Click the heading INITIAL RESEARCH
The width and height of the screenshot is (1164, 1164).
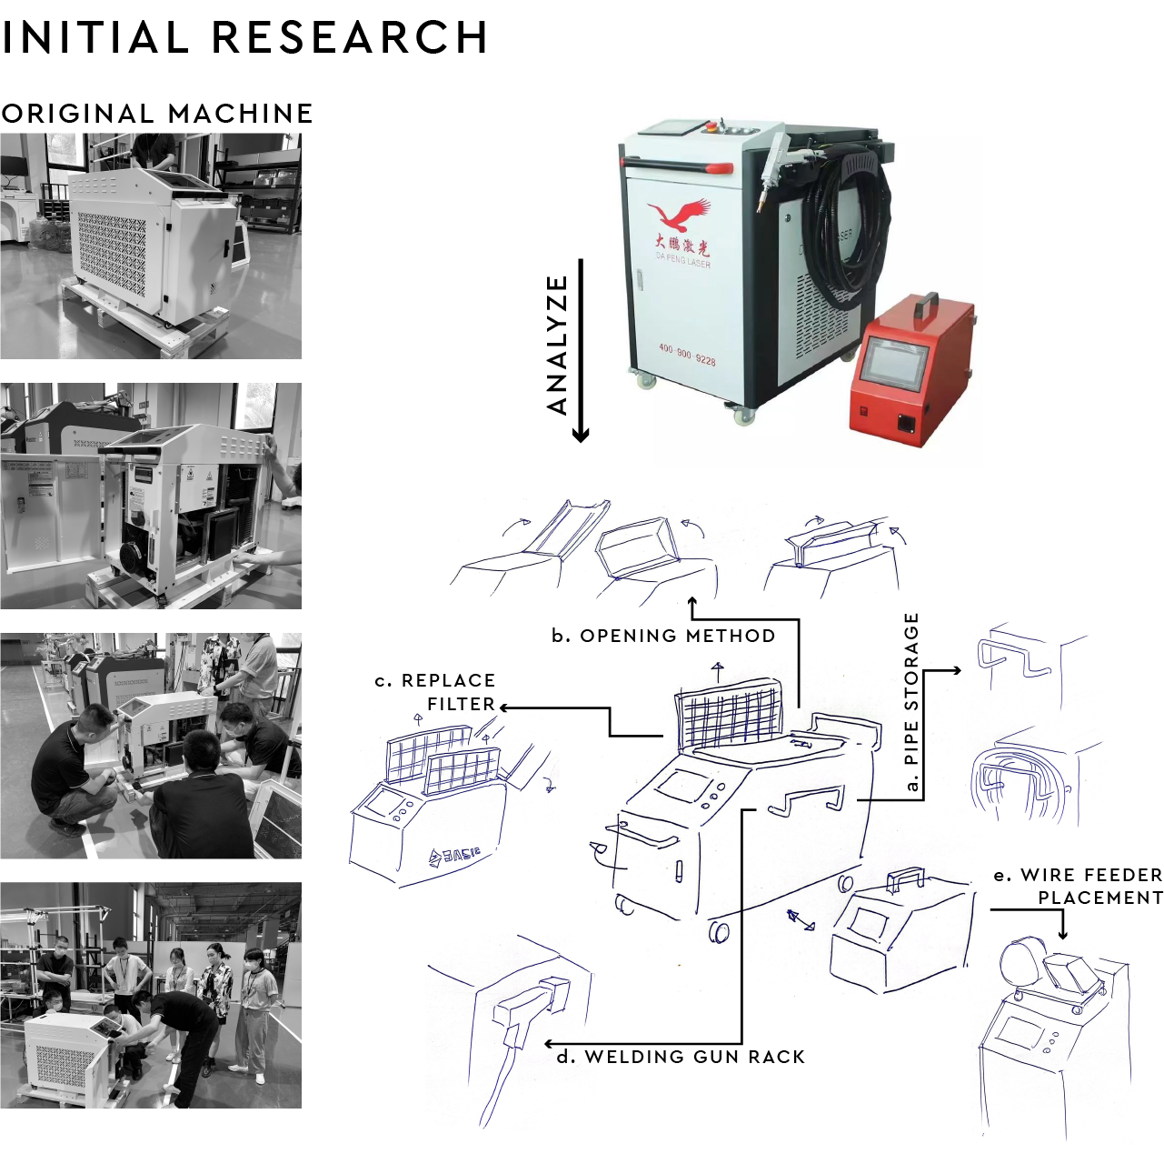pos(244,38)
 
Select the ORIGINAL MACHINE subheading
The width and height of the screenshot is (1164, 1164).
pos(157,114)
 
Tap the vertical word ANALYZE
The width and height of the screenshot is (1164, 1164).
pos(558,345)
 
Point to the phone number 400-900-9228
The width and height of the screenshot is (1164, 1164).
pos(686,355)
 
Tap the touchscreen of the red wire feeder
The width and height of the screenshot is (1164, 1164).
pos(894,364)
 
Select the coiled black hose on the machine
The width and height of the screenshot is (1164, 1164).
pos(851,227)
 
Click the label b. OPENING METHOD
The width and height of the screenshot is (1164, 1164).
pos(663,636)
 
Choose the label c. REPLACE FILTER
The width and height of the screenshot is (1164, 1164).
pos(436,692)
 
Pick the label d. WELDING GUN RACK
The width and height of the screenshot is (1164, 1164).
pos(681,1057)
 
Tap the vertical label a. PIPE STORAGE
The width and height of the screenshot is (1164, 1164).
pos(911,701)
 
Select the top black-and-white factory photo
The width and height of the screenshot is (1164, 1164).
pos(151,246)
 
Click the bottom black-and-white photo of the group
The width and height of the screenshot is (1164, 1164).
pos(151,995)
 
